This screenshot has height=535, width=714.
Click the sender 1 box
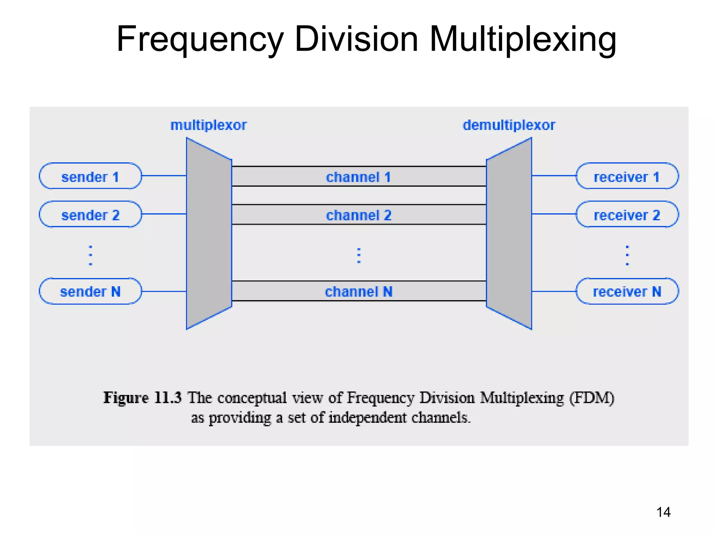click(x=90, y=176)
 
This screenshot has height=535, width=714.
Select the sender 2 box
click(x=90, y=215)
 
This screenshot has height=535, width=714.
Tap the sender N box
click(x=90, y=291)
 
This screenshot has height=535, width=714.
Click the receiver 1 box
click(x=627, y=176)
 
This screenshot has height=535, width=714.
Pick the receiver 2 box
click(x=627, y=215)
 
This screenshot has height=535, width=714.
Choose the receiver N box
click(x=627, y=291)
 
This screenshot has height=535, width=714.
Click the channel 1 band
click(x=358, y=177)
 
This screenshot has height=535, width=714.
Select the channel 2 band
click(x=358, y=215)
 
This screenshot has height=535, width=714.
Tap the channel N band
click(x=358, y=291)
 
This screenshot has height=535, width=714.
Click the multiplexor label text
click(x=208, y=125)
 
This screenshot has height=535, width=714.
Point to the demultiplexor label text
click(x=509, y=125)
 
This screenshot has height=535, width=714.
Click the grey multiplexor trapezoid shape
click(x=209, y=233)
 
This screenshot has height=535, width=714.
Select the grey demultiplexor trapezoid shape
click(x=509, y=233)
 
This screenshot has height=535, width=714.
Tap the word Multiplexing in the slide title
click(x=523, y=39)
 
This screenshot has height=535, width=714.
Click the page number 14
click(x=663, y=512)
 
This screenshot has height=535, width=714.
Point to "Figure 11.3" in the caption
click(x=142, y=398)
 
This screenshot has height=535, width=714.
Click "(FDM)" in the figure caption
click(x=592, y=398)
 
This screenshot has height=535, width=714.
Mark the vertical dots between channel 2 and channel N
click(x=359, y=255)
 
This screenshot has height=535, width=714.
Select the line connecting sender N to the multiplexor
click(x=164, y=291)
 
